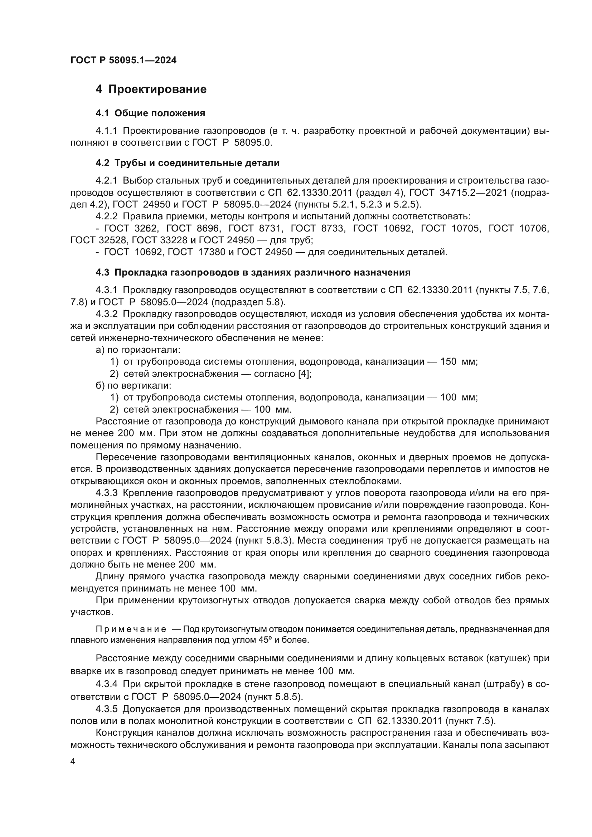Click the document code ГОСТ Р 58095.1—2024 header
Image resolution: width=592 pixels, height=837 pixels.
[x=123, y=60]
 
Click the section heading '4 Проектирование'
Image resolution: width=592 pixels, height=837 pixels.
[x=151, y=89]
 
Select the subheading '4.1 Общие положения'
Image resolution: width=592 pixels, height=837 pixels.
[x=150, y=113]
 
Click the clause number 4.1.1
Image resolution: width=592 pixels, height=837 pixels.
[x=106, y=131]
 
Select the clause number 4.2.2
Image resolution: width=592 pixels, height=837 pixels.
[x=106, y=216]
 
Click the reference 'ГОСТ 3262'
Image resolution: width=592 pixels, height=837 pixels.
[x=131, y=229]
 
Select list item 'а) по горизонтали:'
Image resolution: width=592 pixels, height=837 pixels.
[x=138, y=350]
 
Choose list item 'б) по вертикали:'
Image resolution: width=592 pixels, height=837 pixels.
[x=134, y=385]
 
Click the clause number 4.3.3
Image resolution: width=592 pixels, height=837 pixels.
[x=106, y=493]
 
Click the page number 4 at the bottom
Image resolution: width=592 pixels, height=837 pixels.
[x=73, y=762]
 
